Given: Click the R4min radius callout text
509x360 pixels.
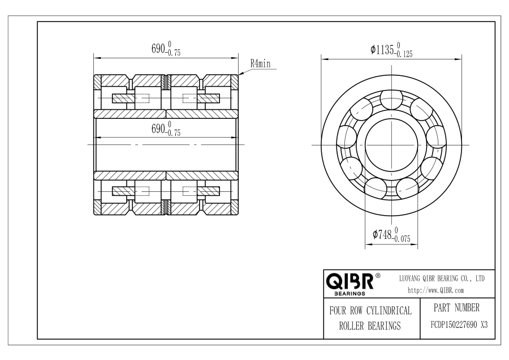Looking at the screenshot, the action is click(x=260, y=63).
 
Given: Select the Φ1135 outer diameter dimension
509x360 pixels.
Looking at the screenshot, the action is click(x=391, y=50).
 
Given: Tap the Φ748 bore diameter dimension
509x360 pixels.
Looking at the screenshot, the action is click(x=391, y=234).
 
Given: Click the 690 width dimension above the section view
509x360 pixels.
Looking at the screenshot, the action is click(x=166, y=49).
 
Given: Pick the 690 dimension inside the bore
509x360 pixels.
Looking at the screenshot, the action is click(x=166, y=128).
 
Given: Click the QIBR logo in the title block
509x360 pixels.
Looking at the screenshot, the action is click(x=350, y=281).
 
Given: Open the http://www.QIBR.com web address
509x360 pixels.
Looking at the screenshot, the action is click(x=435, y=290).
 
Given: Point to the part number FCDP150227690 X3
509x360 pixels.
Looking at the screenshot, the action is click(x=459, y=325).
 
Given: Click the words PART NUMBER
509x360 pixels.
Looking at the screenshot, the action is click(x=456, y=308).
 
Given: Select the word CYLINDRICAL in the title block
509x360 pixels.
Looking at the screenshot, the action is click(x=389, y=311).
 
